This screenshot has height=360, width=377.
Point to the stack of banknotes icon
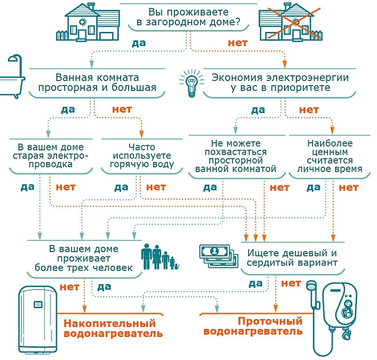coord(216,256)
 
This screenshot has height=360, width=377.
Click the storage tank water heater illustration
coord(39,317)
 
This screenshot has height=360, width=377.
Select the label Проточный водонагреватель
coord(253,326)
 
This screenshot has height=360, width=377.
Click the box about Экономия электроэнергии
coord(279,82)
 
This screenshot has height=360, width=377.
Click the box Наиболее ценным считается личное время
coord(330,156)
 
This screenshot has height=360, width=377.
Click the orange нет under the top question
coord(237,43)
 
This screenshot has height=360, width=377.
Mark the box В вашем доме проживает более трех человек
coord(84,258)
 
